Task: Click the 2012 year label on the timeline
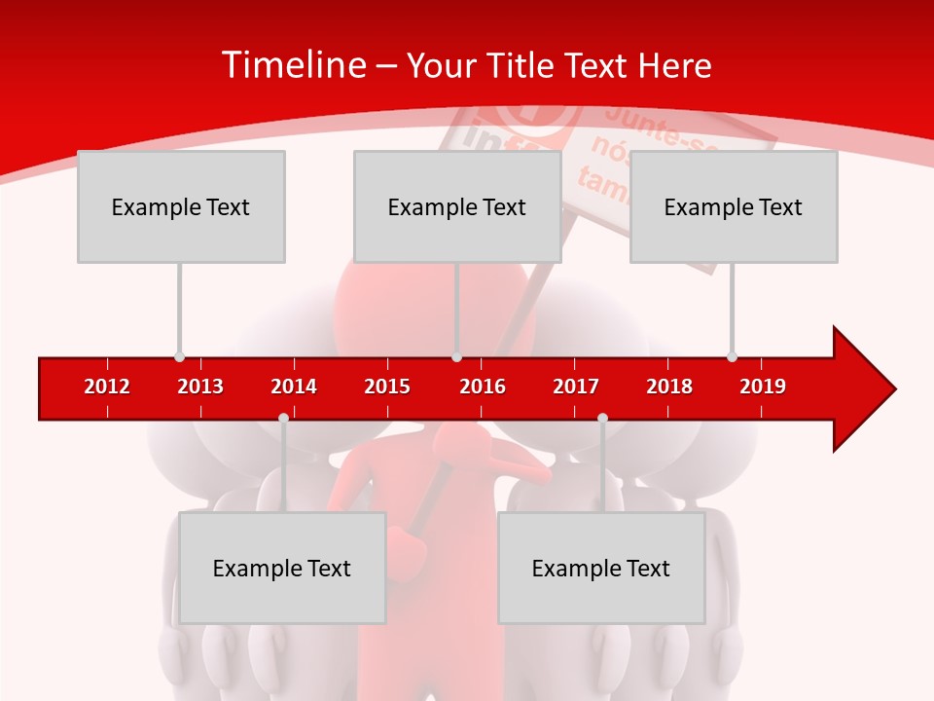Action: pyautogui.click(x=107, y=387)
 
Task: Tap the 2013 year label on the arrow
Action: pyautogui.click(x=200, y=387)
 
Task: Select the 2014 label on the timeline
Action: pyautogui.click(x=294, y=387)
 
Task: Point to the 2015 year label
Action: pyautogui.click(x=387, y=387)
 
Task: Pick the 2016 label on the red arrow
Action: pyautogui.click(x=483, y=387)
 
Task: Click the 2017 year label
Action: pyautogui.click(x=576, y=387)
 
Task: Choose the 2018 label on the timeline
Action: pyautogui.click(x=669, y=387)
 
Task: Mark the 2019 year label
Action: pyautogui.click(x=763, y=387)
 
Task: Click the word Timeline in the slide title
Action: pyautogui.click(x=292, y=65)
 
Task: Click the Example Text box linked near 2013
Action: pyautogui.click(x=181, y=206)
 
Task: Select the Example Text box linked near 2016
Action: pyautogui.click(x=457, y=206)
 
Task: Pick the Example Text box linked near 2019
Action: pyautogui.click(x=734, y=206)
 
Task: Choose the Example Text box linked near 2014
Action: pyautogui.click(x=282, y=568)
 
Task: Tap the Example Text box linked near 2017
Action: pyautogui.click(x=601, y=568)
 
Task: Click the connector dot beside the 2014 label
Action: pyautogui.click(x=283, y=418)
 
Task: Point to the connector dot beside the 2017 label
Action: pyautogui.click(x=602, y=418)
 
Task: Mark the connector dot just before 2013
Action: pyautogui.click(x=179, y=356)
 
